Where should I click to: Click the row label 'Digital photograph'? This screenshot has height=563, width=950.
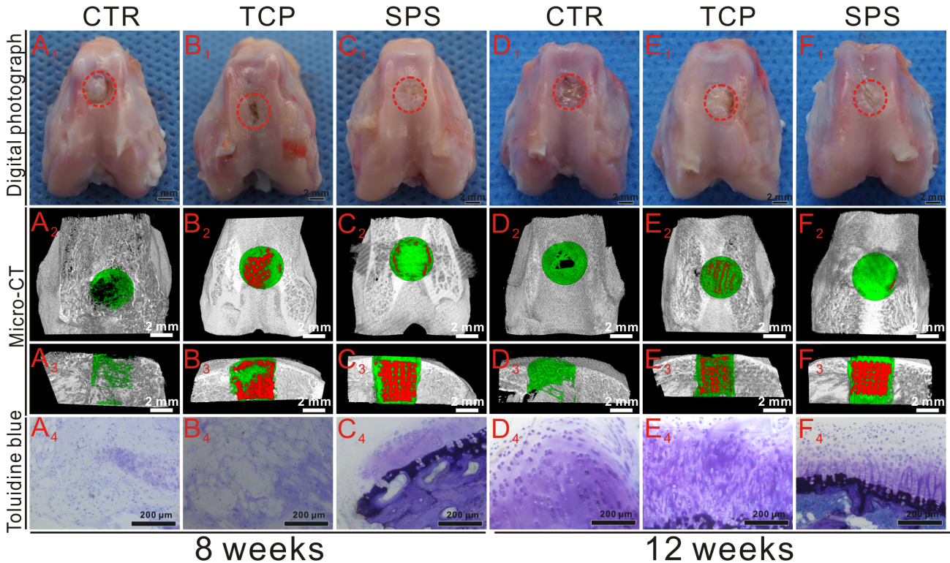click(12, 116)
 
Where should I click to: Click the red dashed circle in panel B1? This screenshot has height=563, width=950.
click(254, 112)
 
